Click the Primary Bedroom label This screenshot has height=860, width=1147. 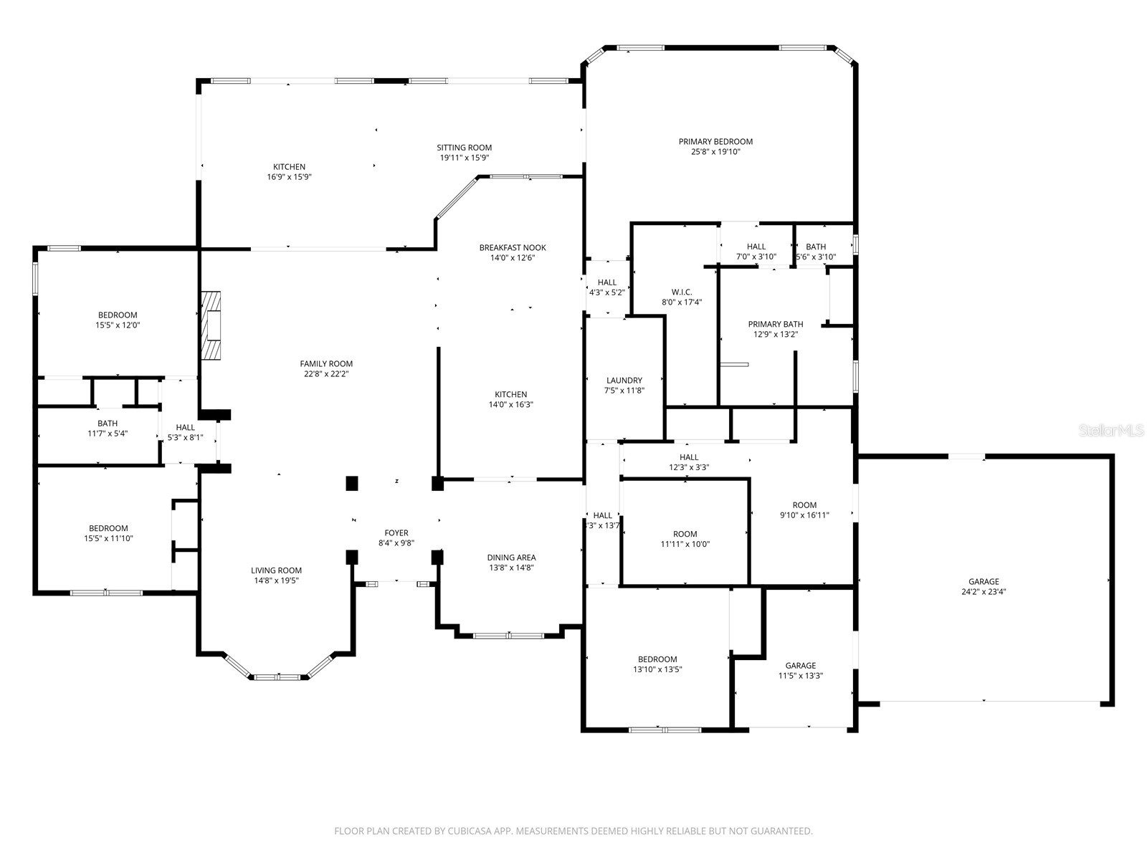[x=715, y=142]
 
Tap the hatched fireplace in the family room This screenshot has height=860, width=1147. [x=211, y=325]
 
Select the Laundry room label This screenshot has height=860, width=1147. [x=624, y=381]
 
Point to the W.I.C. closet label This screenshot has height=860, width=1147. [x=681, y=292]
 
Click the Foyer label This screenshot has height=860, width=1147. [x=396, y=532]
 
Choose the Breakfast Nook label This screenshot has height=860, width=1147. [x=512, y=248]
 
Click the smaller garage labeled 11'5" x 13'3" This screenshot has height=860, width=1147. [x=800, y=670]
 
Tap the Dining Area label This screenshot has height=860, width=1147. [x=511, y=558]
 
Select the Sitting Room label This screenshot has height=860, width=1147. [x=464, y=148]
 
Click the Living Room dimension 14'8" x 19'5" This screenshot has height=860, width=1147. [x=276, y=580]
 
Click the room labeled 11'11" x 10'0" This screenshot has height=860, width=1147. [x=685, y=539]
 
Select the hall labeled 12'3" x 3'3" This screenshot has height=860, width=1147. [x=688, y=462]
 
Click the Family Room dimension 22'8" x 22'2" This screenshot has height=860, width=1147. [x=326, y=373]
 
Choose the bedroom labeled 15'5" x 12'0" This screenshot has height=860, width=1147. [x=118, y=320]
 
